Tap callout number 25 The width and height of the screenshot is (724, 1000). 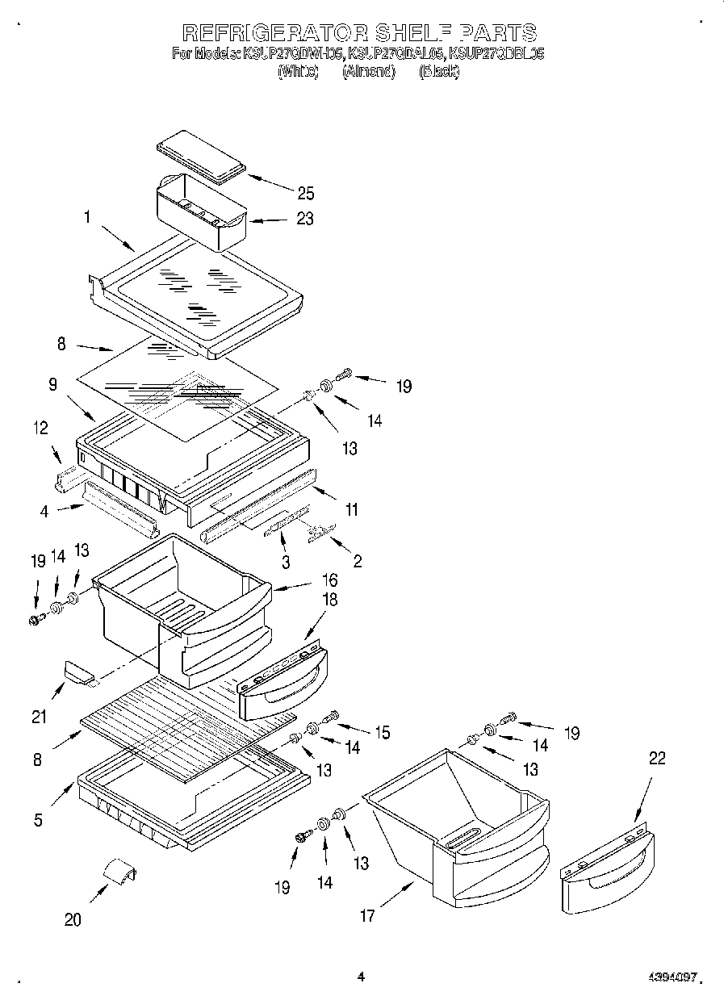pos(305,193)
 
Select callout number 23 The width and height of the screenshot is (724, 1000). pos(305,219)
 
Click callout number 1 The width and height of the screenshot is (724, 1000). pos(86,216)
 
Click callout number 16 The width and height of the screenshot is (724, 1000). pos(329,579)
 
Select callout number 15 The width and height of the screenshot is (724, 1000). pos(381,732)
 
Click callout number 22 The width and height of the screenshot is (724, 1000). pos(658,759)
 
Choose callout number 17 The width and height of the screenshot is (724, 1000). pos(367,916)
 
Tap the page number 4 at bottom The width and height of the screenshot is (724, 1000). pos(361,977)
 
